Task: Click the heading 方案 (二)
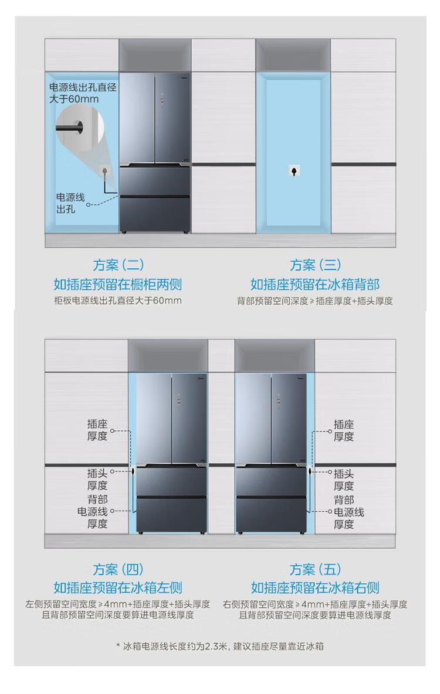pyautogui.click(x=119, y=265)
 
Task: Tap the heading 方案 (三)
pyautogui.click(x=316, y=265)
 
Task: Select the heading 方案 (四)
pyautogui.click(x=119, y=569)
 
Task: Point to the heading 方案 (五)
pyautogui.click(x=316, y=569)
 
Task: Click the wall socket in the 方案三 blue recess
pyautogui.click(x=293, y=171)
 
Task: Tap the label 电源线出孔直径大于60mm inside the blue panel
pyautogui.click(x=83, y=93)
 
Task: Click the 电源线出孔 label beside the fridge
pyautogui.click(x=70, y=203)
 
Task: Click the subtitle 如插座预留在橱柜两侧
pyautogui.click(x=118, y=285)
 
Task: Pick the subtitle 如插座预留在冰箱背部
pyautogui.click(x=315, y=285)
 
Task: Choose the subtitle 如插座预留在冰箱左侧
pyautogui.click(x=118, y=587)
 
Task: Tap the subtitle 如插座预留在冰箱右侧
pyautogui.click(x=315, y=587)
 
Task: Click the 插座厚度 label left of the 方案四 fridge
pyautogui.click(x=97, y=430)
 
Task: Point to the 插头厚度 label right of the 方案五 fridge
pyautogui.click(x=344, y=480)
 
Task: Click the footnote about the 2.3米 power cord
pyautogui.click(x=220, y=646)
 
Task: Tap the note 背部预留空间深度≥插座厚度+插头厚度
pyautogui.click(x=315, y=301)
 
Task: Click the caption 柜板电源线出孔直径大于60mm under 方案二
pyautogui.click(x=118, y=301)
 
